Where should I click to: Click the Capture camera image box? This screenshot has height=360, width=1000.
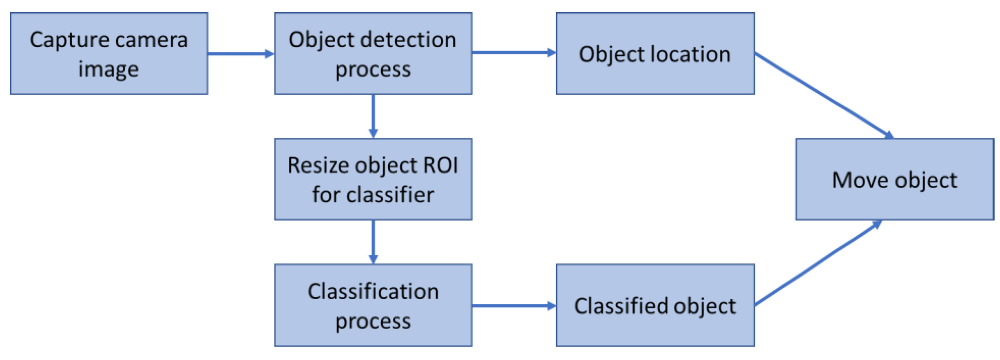coord(109,54)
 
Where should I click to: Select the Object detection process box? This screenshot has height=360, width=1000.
coord(373,54)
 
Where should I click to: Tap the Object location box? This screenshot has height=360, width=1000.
coord(655,54)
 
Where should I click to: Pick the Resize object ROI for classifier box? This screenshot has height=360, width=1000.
coord(373,179)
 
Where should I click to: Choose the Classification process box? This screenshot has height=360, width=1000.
coord(373,305)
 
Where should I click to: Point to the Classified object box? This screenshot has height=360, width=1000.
coord(655,305)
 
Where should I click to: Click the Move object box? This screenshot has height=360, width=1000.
coord(894,179)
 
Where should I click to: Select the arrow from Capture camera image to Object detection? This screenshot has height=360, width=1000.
coord(241,54)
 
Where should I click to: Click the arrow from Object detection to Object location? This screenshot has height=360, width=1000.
coord(514,52)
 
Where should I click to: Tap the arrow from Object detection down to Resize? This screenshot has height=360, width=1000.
coord(373,116)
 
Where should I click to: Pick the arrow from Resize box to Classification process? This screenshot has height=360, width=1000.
coord(373,241)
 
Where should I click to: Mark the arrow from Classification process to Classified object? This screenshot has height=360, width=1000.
coord(514,306)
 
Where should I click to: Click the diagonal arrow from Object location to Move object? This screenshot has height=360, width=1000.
coord(823,95)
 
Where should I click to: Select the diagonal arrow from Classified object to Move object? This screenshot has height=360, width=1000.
coord(817,264)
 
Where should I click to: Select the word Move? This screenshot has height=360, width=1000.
coord(861,180)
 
